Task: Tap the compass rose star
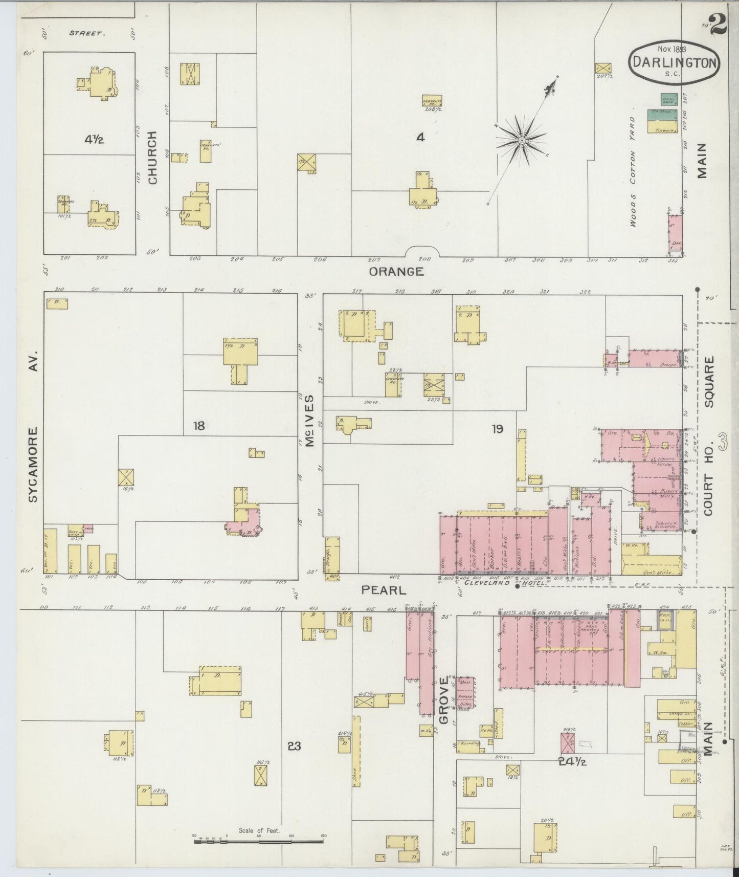point(521,140)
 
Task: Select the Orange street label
point(397,272)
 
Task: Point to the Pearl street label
point(384,590)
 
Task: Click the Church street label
point(152,158)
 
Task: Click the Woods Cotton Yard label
point(633,171)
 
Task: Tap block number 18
point(199,425)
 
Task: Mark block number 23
point(294,746)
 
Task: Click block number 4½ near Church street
point(95,139)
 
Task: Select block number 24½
point(572,761)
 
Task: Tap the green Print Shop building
point(667,99)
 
